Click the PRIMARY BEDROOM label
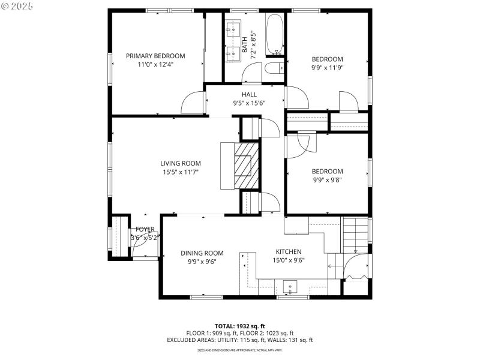[155, 56]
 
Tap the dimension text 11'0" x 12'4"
[155, 64]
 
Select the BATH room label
[244, 45]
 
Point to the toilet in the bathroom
[274, 67]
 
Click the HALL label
[249, 94]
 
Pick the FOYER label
[145, 229]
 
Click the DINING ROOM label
[202, 253]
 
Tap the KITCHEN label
[289, 251]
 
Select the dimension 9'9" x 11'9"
[328, 68]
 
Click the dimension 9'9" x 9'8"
[328, 179]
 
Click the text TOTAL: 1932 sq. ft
[240, 326]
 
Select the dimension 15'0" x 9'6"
[289, 260]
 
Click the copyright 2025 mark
[18, 5]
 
